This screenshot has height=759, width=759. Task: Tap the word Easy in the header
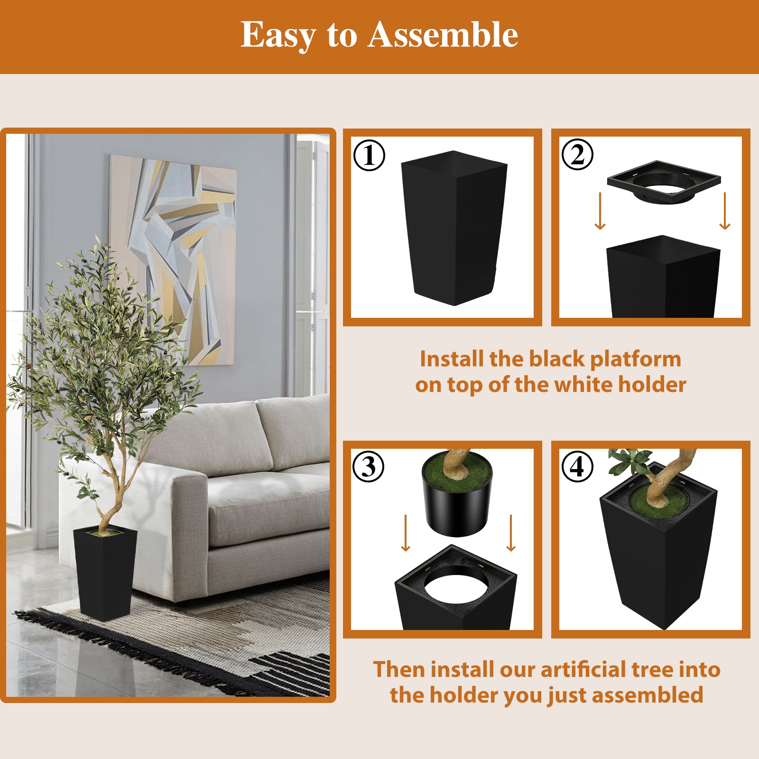(278, 35)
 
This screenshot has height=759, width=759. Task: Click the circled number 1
(369, 155)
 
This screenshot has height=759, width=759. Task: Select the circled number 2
(577, 154)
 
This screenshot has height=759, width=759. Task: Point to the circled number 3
(369, 466)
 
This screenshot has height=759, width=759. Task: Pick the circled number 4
(577, 466)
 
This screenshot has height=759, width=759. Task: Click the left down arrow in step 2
(600, 211)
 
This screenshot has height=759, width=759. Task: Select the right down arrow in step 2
(724, 211)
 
